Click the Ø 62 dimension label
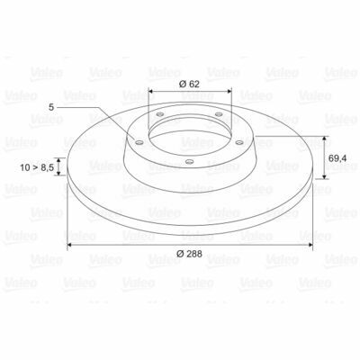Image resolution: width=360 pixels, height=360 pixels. point(189,84)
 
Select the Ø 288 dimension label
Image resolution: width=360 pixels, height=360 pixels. point(189,254)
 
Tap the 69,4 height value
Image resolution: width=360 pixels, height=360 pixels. point(337,158)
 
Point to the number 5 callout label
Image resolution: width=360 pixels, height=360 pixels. point(51,107)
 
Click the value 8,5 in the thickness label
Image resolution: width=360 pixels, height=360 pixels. point(47,167)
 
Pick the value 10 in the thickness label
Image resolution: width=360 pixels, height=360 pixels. point(25,167)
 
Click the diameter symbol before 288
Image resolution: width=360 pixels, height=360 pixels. point(180,254)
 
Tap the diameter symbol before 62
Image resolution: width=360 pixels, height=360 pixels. point(183,84)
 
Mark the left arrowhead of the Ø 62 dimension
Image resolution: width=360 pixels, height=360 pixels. point(151,91)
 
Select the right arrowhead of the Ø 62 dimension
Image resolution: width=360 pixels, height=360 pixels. point(229,91)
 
